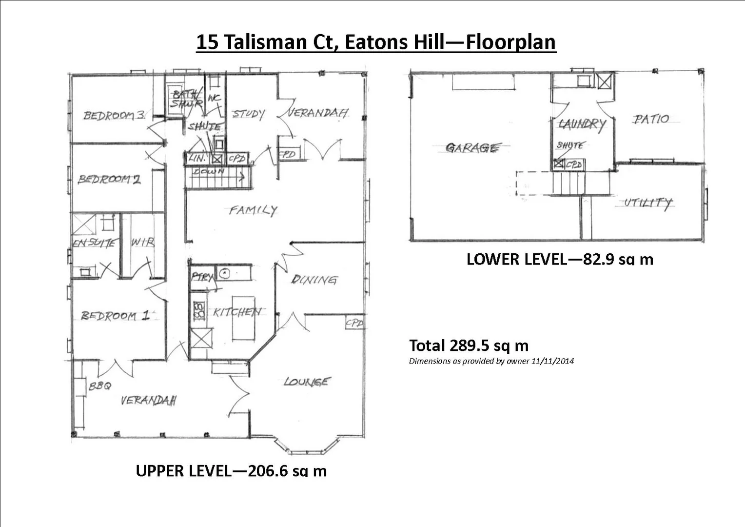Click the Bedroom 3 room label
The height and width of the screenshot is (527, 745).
pyautogui.click(x=114, y=115)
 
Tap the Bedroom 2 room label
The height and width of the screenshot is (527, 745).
pyautogui.click(x=109, y=179)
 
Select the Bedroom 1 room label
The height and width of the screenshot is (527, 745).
pyautogui.click(x=115, y=316)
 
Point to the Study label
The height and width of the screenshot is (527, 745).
pyautogui.click(x=248, y=114)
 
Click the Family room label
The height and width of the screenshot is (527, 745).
pyautogui.click(x=253, y=210)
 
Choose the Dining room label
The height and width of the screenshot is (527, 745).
pyautogui.click(x=314, y=280)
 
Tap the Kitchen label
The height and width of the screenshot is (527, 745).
pyautogui.click(x=237, y=312)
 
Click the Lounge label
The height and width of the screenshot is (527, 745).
pyautogui.click(x=307, y=382)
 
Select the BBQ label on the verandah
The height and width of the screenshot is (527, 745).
pyautogui.click(x=99, y=386)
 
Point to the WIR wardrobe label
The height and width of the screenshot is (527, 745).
pyautogui.click(x=142, y=242)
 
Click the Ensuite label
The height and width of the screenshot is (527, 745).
pyautogui.click(x=95, y=243)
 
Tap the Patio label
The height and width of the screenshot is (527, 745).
pyautogui.click(x=651, y=119)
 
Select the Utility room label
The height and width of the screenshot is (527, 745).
pyautogui.click(x=648, y=203)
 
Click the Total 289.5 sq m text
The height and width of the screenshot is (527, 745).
pyautogui.click(x=469, y=345)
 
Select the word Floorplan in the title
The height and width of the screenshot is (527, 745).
pyautogui.click(x=510, y=42)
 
